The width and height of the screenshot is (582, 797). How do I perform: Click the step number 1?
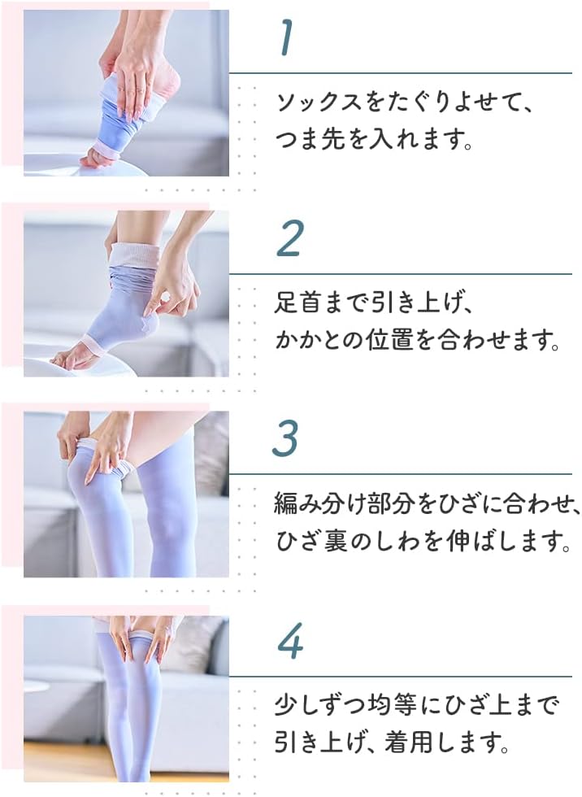tap(287, 37)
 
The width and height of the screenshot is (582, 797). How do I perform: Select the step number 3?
tap(285, 438)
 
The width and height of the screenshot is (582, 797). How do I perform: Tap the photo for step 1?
tap(126, 93)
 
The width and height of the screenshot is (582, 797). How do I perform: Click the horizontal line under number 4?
tap(401, 677)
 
